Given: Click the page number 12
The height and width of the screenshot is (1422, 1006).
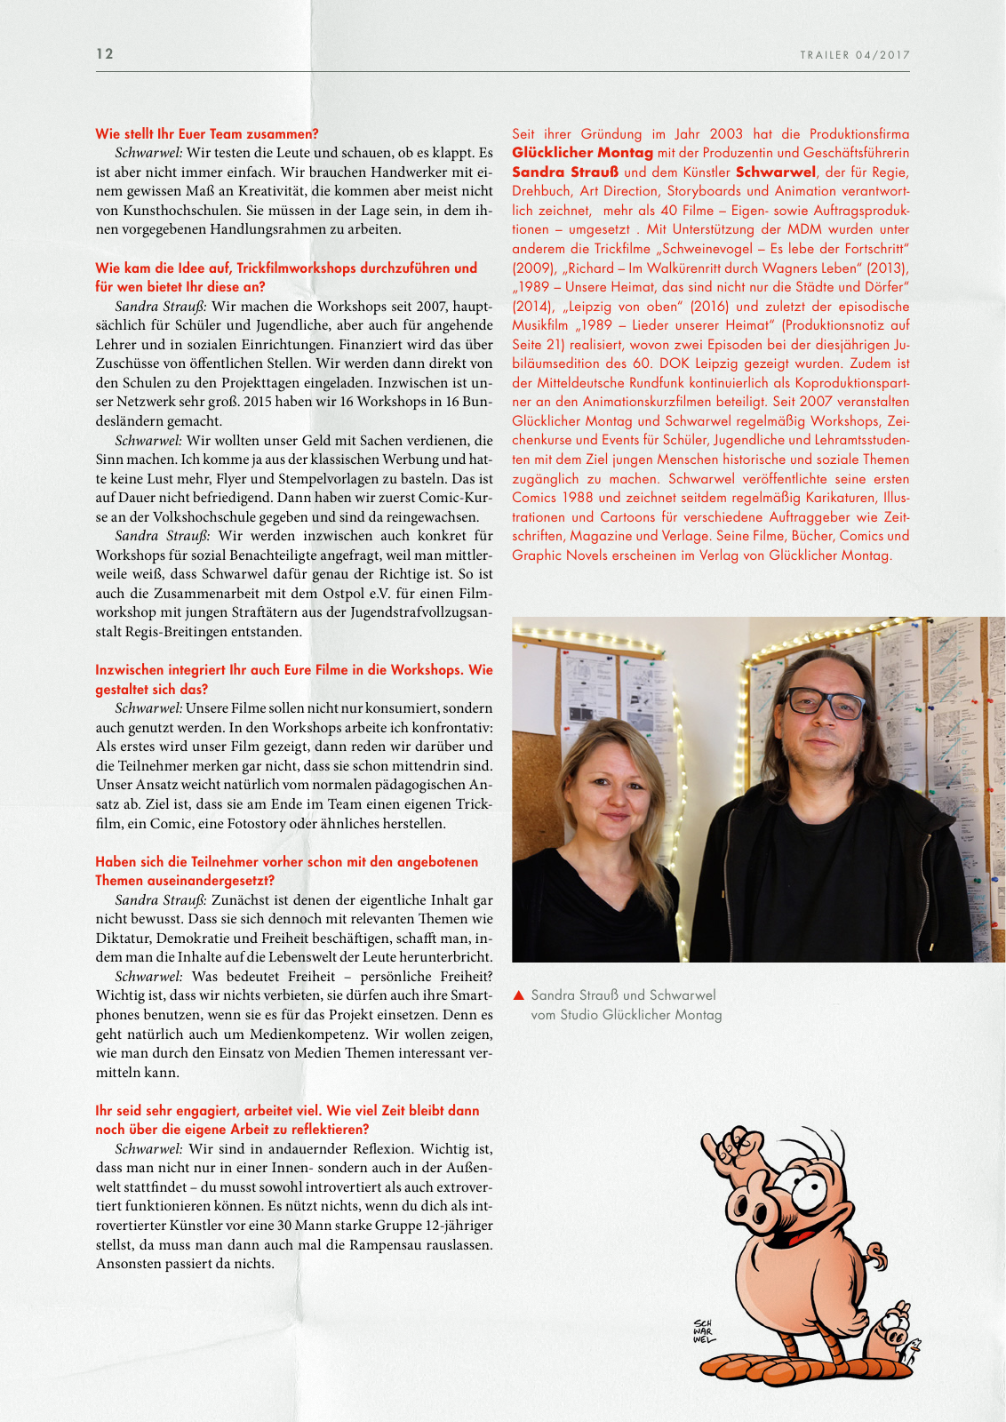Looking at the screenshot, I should point(105,54).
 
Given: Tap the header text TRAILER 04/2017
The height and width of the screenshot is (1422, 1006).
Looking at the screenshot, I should point(854,55).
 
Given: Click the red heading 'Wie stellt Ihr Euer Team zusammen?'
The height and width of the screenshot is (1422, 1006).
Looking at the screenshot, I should point(206,134).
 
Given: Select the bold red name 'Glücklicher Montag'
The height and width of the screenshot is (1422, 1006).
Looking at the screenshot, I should point(582,153).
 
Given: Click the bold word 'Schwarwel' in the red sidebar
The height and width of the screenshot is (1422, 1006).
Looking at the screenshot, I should point(775,172).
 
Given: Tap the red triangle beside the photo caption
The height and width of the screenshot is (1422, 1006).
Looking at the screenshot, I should point(519,995).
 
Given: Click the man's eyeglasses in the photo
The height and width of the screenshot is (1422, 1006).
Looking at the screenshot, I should point(826,703).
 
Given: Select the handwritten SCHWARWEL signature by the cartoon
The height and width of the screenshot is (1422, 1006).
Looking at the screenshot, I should point(703,1331).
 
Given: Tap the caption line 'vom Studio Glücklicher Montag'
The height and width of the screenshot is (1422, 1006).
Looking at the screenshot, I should point(626,1015).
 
